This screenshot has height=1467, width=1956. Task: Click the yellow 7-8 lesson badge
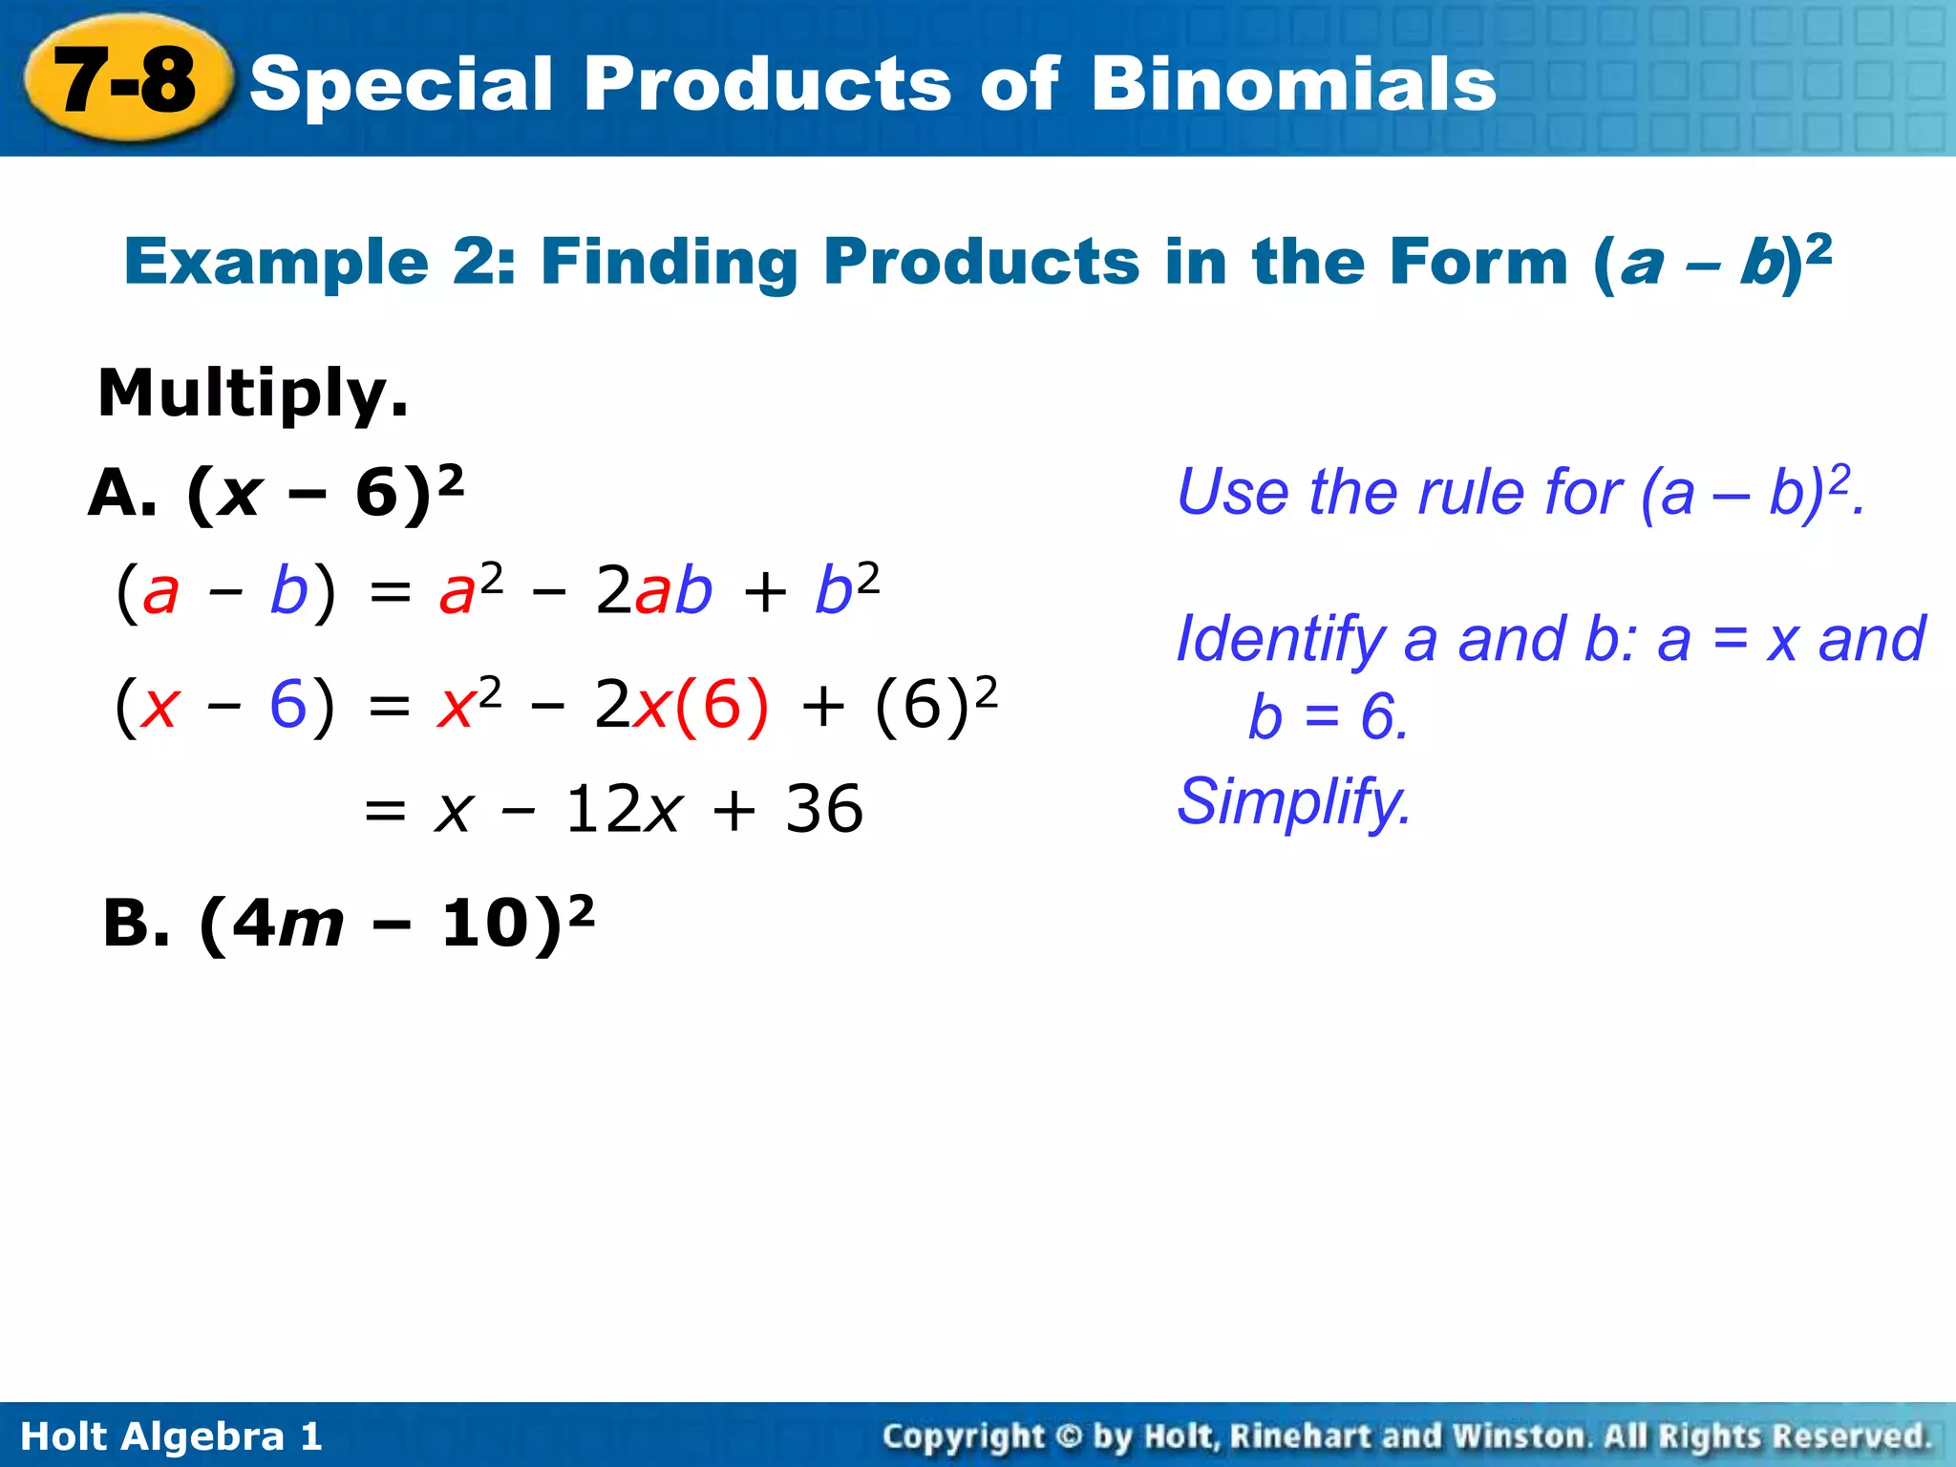pyautogui.click(x=126, y=80)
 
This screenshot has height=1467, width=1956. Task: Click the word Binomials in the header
pyautogui.click(x=1293, y=84)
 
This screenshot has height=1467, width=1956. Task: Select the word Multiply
pyautogui.click(x=252, y=393)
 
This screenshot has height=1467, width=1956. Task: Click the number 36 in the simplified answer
pyautogui.click(x=824, y=810)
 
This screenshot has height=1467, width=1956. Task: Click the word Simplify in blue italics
pyautogui.click(x=1293, y=802)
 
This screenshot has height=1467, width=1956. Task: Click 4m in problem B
pyautogui.click(x=287, y=925)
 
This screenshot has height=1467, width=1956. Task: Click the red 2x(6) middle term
pyautogui.click(x=681, y=706)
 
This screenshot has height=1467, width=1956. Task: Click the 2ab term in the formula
pyautogui.click(x=653, y=590)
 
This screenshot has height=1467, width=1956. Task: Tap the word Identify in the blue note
pyautogui.click(x=1280, y=640)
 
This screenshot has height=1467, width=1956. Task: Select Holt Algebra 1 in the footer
pyautogui.click(x=171, y=1436)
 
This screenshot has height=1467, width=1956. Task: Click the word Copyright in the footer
pyautogui.click(x=963, y=1436)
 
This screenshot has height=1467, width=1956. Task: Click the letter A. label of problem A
pyautogui.click(x=122, y=495)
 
